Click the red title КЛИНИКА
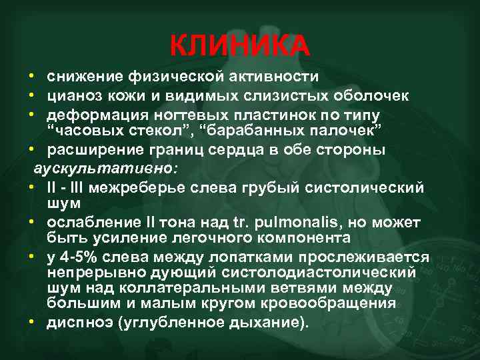[x=239, y=45]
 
